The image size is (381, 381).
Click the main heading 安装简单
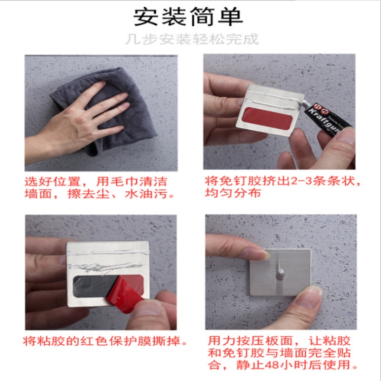click(188, 17)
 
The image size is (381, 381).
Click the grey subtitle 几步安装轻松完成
click(192, 39)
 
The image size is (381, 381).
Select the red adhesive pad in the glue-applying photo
click(267, 118)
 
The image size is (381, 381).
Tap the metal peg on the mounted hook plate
click(280, 274)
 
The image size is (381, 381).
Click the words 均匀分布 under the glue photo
click(233, 193)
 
